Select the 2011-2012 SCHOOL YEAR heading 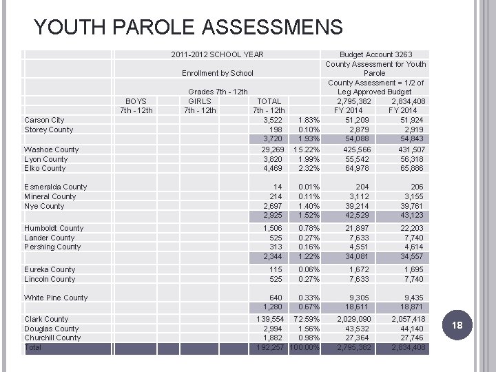click(x=217, y=54)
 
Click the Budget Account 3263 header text click(x=376, y=54)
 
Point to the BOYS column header click(x=136, y=101)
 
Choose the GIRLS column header click(x=200, y=101)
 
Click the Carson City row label click(x=44, y=120)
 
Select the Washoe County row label click(x=51, y=149)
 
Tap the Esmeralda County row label click(x=55, y=187)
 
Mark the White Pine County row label click(x=56, y=298)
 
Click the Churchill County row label click(x=52, y=338)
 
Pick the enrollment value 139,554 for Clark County click(x=270, y=320)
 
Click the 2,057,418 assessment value click(x=409, y=320)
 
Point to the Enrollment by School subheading click(x=217, y=73)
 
